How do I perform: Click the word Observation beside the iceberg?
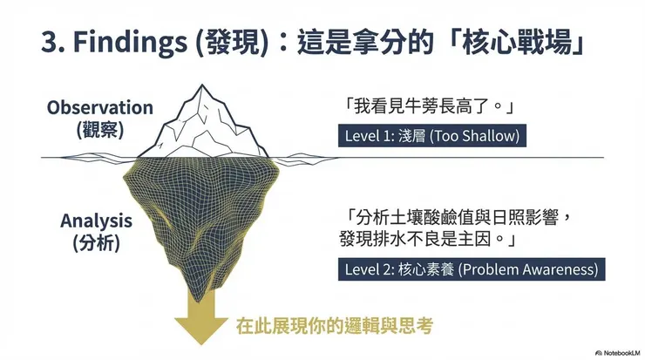[100, 108]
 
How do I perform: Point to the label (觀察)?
[100, 130]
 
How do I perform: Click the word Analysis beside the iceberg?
[97, 221]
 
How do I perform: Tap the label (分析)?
[97, 243]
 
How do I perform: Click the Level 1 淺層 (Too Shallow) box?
[432, 136]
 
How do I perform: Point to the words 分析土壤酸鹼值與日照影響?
[462, 217]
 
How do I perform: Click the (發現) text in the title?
[231, 42]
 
